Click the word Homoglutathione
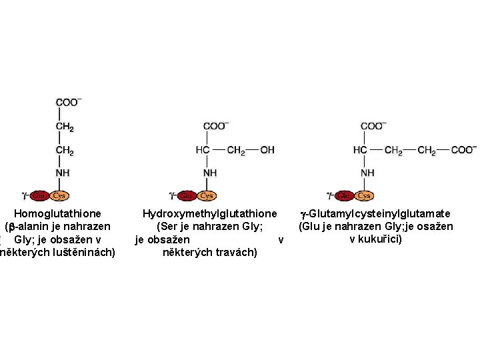[58, 214]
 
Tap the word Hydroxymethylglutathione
[209, 214]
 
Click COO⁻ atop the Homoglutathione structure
[68, 103]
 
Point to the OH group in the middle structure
[267, 150]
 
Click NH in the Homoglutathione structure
[63, 173]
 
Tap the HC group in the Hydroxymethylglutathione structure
[203, 150]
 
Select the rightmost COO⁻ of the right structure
[464, 150]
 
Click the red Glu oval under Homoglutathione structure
[39, 195]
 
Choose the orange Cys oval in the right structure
[364, 195]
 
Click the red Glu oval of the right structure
[345, 195]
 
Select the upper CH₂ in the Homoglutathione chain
[65, 126]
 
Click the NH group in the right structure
[367, 173]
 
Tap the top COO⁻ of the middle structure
[215, 126]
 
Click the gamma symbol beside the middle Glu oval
[172, 195]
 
